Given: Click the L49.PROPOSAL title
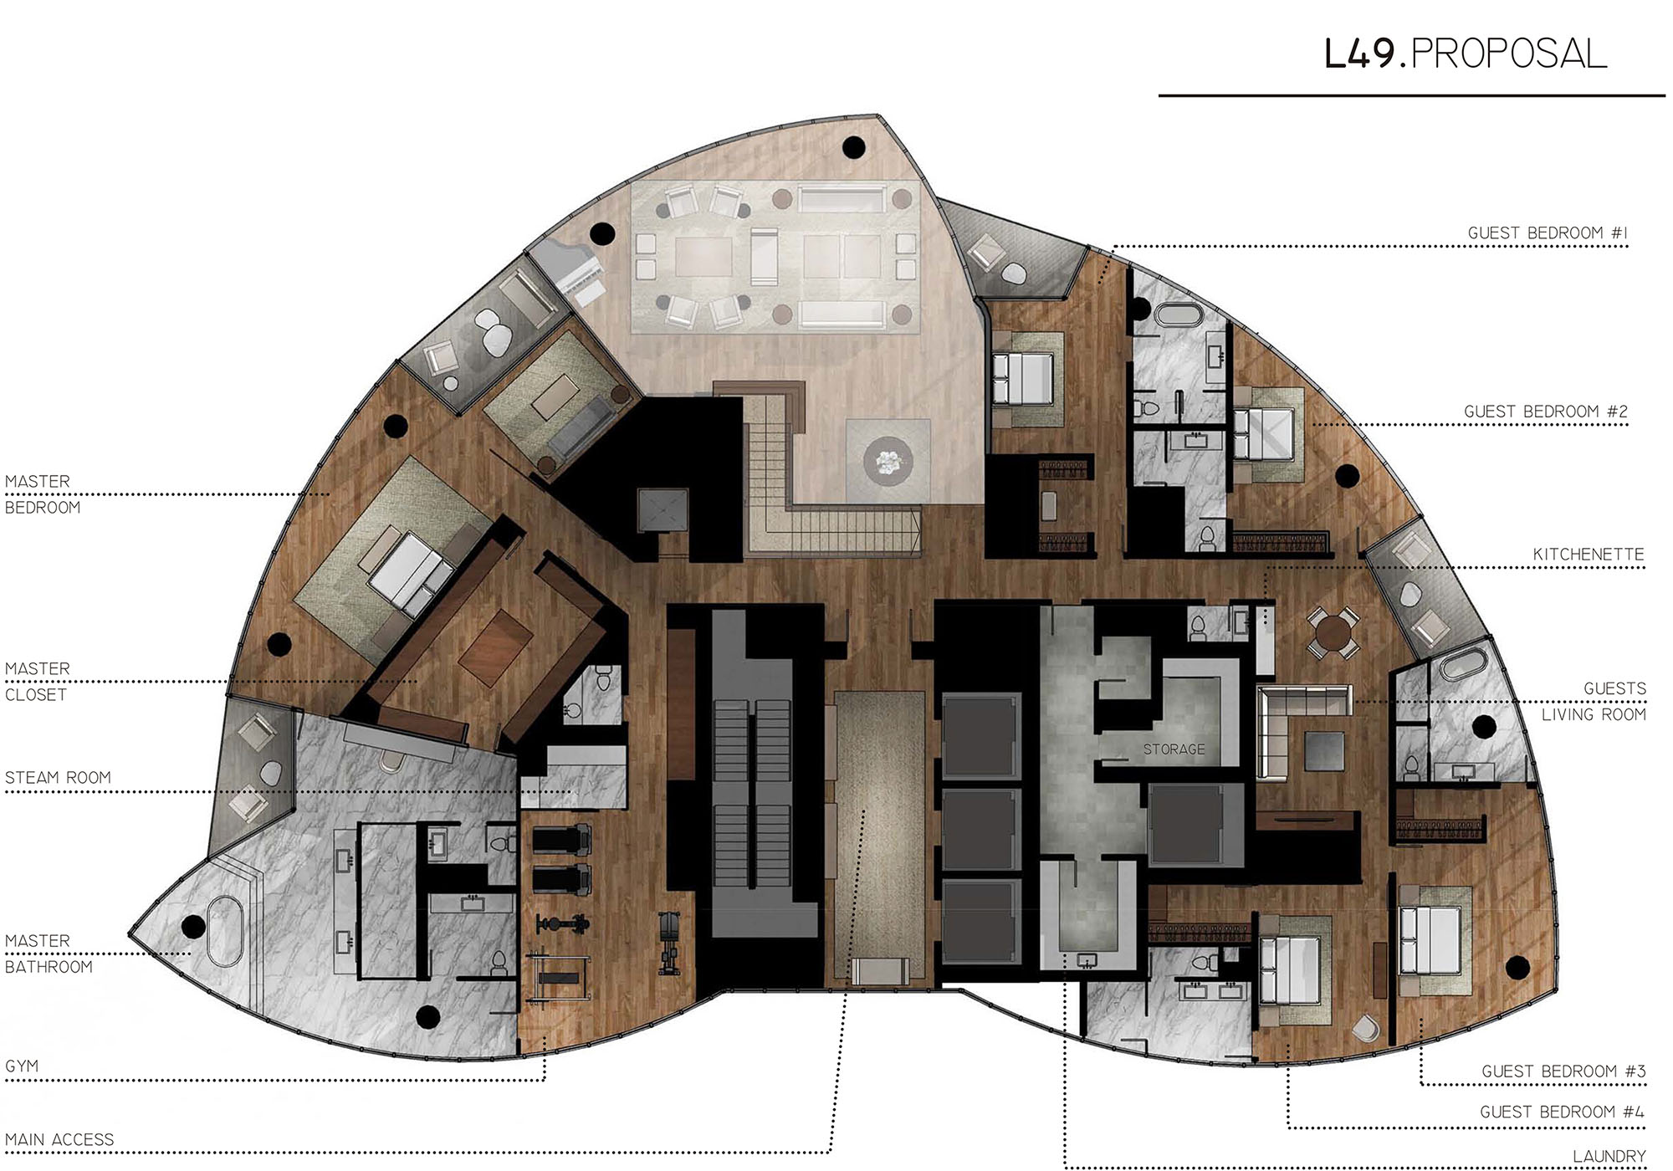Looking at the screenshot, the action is [1466, 54].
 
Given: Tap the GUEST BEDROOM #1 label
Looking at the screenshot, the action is [1548, 233].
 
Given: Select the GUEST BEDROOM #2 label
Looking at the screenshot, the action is [1546, 412].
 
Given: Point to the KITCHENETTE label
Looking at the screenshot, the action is [1589, 555].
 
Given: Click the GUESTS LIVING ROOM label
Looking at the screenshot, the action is [1594, 701].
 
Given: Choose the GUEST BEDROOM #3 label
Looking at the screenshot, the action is [1563, 1071].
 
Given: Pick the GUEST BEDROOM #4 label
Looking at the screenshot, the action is [1562, 1112].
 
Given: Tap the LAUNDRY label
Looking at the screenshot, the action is [1609, 1157].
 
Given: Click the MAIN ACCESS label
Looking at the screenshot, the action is [59, 1140].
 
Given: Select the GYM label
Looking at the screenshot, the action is [22, 1066].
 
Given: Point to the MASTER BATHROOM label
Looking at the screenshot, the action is [49, 954].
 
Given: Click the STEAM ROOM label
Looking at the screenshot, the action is [58, 778].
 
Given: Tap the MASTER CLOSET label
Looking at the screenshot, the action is [38, 682].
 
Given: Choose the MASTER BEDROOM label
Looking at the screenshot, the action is [43, 494].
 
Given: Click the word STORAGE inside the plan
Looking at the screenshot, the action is [1174, 749].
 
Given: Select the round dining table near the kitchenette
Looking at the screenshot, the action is [1333, 634].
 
